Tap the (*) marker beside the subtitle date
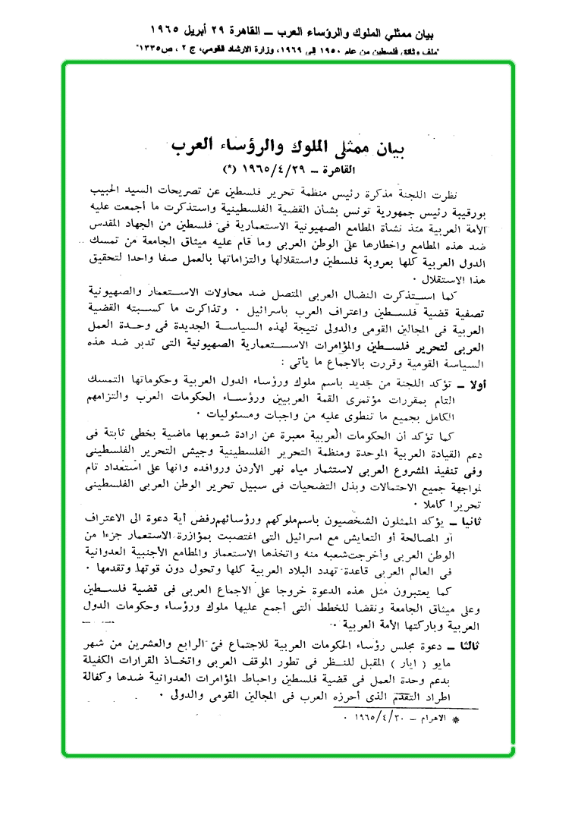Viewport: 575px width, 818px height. pyautogui.click(x=227, y=167)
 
